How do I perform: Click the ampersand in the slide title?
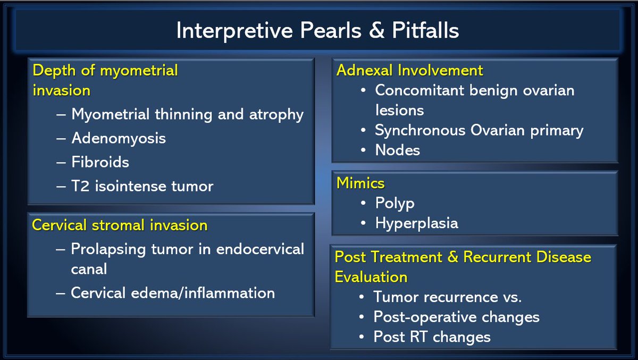[377, 30]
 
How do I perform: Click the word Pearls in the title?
[331, 30]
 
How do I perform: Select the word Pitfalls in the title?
[425, 30]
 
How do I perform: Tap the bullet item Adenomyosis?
[119, 139]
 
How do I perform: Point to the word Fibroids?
[100, 162]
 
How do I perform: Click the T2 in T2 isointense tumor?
[81, 186]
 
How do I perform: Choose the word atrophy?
[276, 115]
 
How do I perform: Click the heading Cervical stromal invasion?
[120, 225]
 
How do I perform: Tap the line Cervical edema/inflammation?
[173, 293]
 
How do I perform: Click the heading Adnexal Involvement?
[409, 70]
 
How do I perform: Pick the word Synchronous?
[420, 131]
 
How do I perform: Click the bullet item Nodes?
[397, 150]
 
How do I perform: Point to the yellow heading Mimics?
[360, 183]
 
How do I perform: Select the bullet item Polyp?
[394, 204]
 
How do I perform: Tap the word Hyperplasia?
[417, 223]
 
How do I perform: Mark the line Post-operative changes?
[456, 317]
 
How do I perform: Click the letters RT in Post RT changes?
[418, 337]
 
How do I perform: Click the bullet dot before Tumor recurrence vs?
[362, 297]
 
